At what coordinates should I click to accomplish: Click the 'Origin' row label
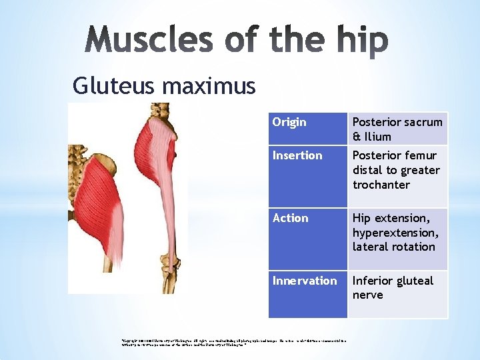pos(289,122)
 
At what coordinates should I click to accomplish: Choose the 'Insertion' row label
pos(297,155)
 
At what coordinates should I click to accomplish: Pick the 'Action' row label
pos(290,218)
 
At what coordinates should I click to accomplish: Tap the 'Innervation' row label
pos(304,281)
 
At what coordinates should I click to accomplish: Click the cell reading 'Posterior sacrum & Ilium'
pos(397,129)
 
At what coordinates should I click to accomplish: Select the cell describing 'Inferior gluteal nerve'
pos(393,287)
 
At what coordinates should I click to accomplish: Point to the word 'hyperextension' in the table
pos(395,233)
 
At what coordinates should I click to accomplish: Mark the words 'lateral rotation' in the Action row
pos(393,247)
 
